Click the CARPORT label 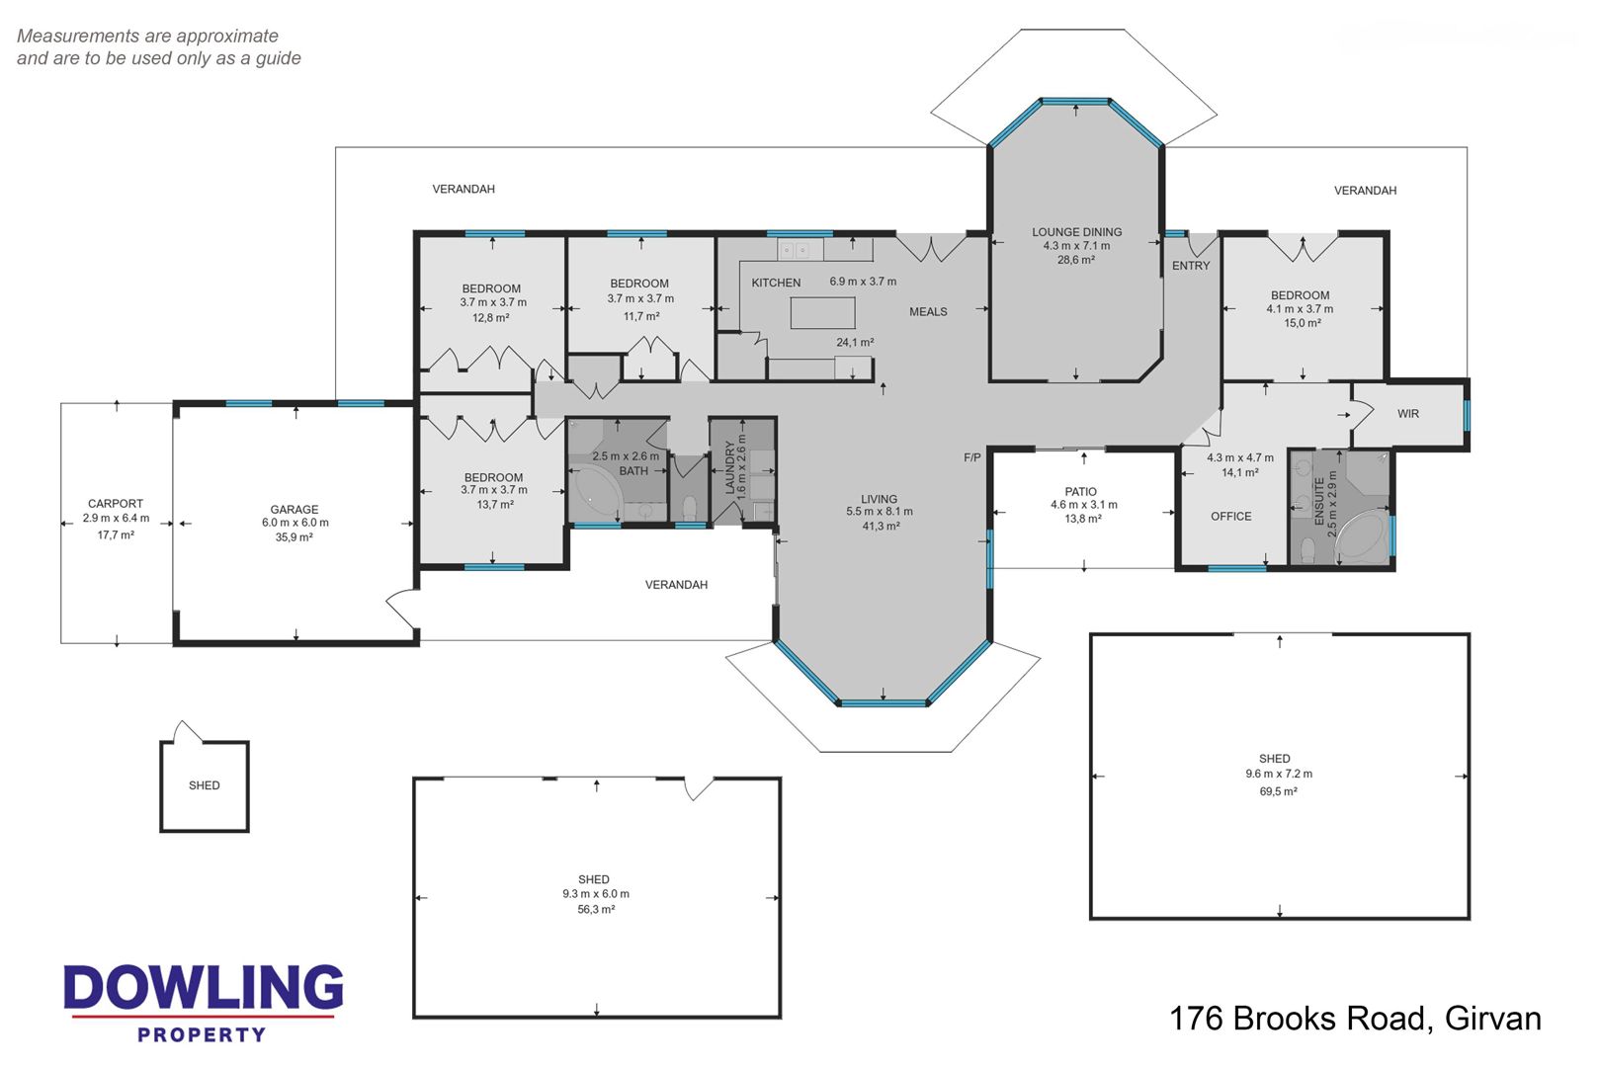[x=115, y=503]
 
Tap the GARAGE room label [x=294, y=509]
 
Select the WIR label [x=1408, y=414]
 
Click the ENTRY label [x=1191, y=266]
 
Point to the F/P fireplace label [x=972, y=457]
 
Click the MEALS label [x=928, y=311]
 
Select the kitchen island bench [x=822, y=313]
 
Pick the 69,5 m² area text [x=1278, y=791]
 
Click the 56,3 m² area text [x=596, y=909]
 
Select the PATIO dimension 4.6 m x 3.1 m [x=1083, y=505]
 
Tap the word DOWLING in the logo [x=204, y=987]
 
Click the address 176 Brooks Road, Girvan [x=1355, y=1019]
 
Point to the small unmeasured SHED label [x=204, y=785]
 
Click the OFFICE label [x=1230, y=516]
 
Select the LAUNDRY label [x=729, y=466]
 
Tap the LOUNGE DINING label [x=1076, y=232]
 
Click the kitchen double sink [x=794, y=250]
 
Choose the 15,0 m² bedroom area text [x=1303, y=323]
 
